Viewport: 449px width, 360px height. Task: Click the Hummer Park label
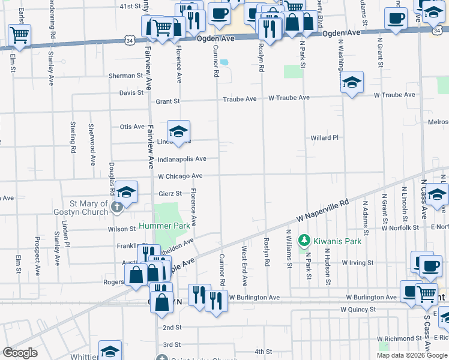164,226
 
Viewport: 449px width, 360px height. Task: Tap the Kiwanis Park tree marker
304,241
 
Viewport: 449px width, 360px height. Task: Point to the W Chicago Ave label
180,176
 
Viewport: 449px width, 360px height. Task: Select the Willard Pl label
325,137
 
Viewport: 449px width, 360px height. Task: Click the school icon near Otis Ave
178,132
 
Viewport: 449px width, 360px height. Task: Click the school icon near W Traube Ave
352,82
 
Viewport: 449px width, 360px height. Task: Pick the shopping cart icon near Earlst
19,35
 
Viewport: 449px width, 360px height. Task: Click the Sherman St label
125,76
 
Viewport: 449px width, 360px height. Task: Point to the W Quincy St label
358,310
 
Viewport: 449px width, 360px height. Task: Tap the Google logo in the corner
20,353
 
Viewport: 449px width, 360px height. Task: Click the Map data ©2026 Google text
412,355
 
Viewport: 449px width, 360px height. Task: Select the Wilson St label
122,229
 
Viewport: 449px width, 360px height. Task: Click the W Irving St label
357,263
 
